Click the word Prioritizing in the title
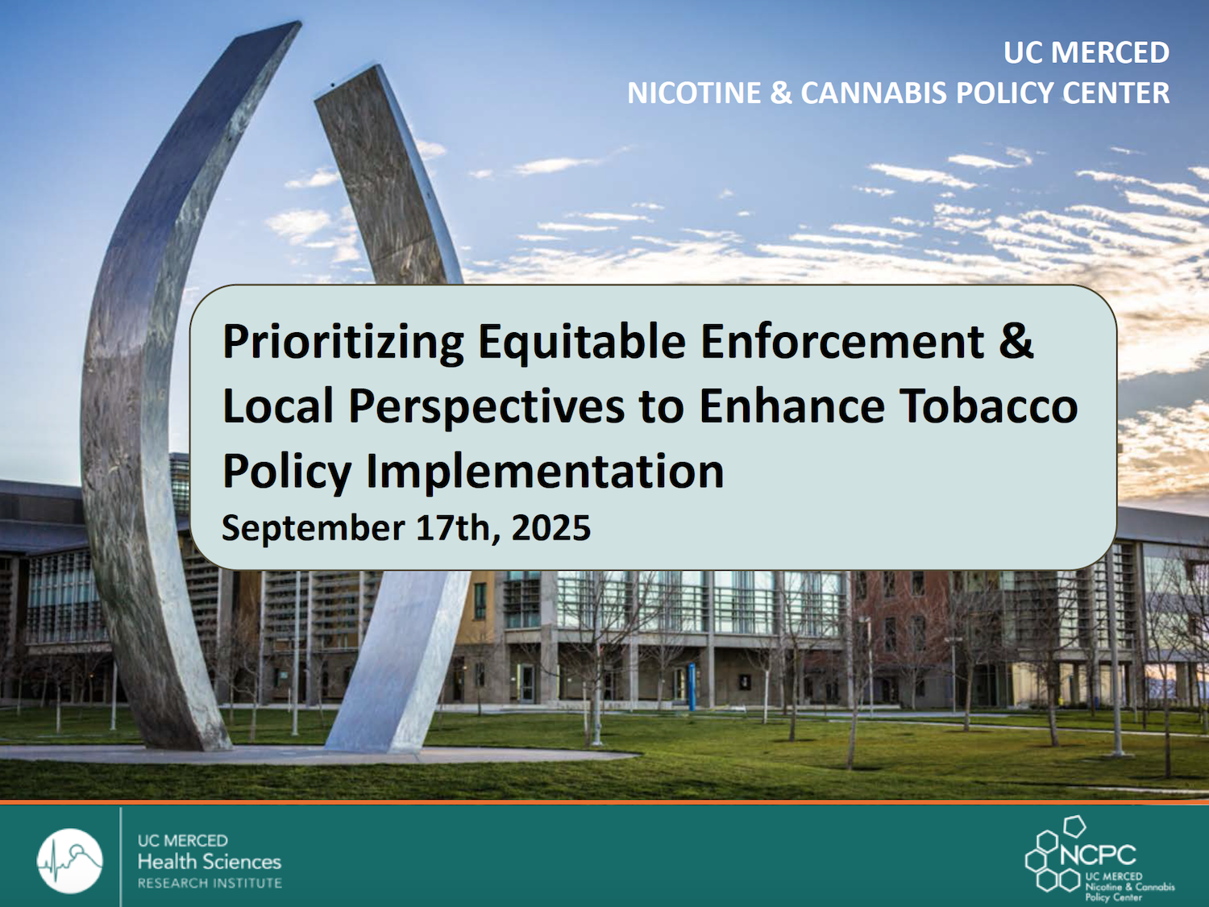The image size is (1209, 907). [x=343, y=342]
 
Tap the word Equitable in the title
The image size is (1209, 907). [x=582, y=342]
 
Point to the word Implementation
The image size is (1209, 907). [x=545, y=471]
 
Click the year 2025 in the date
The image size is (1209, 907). [x=550, y=527]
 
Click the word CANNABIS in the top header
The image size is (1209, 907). [x=872, y=93]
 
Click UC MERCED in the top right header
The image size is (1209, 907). [x=1086, y=52]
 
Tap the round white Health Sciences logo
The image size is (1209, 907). [x=70, y=860]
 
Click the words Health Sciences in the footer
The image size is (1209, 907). [x=210, y=861]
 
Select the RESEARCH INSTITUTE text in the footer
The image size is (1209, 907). [x=210, y=884]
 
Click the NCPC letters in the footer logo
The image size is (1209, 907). [x=1098, y=855]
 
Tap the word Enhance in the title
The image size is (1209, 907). [x=792, y=406]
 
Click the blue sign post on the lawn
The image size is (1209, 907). [x=692, y=686]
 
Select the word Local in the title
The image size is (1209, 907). [x=278, y=406]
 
